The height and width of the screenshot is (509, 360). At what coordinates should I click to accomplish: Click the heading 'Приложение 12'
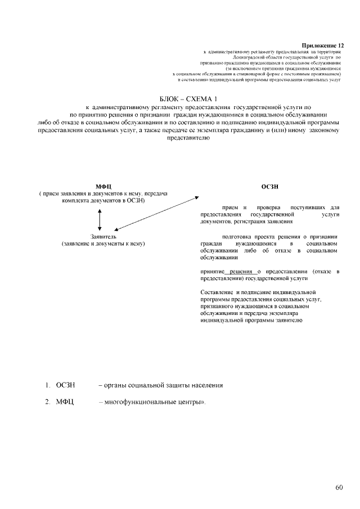322,44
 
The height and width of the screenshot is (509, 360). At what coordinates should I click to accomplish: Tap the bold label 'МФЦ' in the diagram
103,186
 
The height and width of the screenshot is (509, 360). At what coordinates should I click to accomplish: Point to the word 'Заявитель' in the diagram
103,237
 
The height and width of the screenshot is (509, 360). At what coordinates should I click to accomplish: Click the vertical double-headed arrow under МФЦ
100,219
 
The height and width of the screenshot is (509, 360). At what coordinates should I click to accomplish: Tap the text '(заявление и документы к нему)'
103,244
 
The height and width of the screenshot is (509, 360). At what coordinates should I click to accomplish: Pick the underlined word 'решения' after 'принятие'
241,272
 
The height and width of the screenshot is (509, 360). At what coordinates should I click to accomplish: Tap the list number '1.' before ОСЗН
48,385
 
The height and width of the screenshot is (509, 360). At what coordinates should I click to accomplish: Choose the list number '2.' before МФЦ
48,403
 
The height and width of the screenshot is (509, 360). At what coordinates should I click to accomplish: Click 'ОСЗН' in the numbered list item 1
65,385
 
